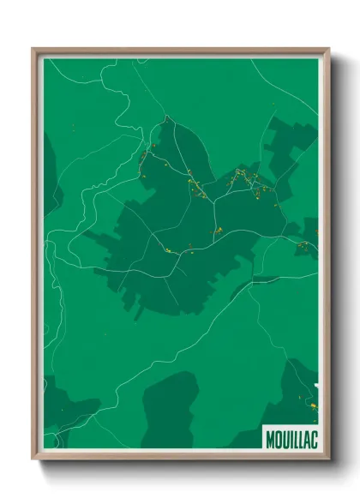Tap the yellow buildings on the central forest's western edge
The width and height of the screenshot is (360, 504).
146,159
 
